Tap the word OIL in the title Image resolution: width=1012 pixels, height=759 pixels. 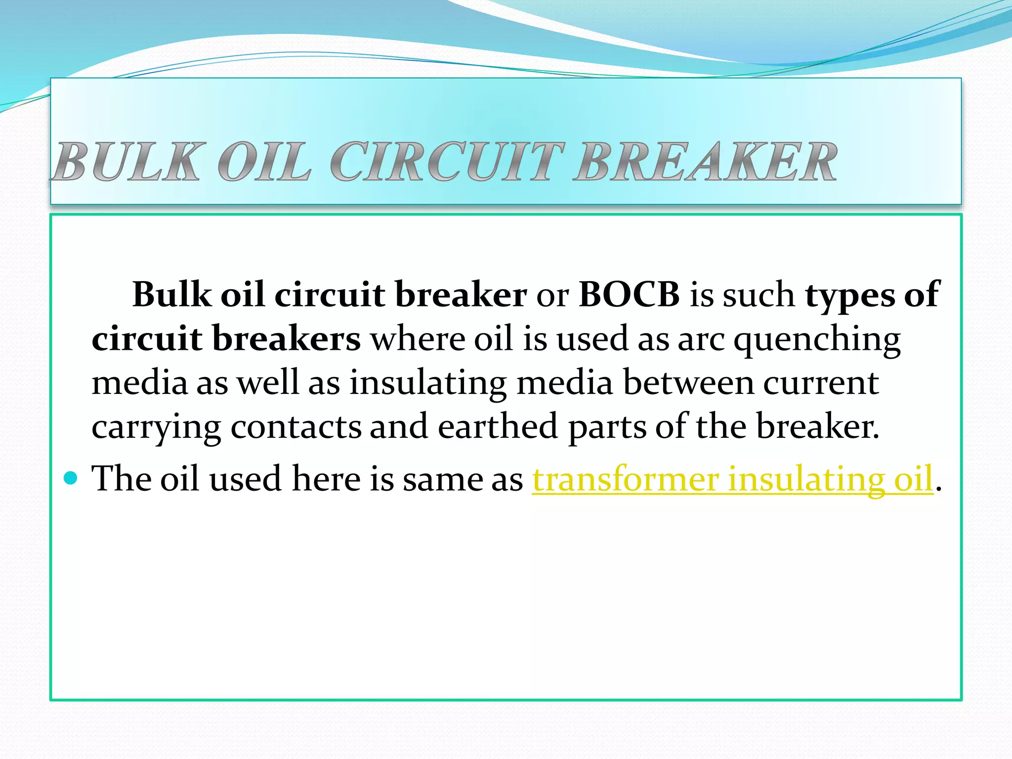click(x=264, y=162)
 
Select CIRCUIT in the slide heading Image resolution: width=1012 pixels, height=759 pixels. click(x=447, y=162)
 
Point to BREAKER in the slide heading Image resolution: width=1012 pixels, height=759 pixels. click(x=706, y=162)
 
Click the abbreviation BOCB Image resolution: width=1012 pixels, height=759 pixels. click(x=629, y=295)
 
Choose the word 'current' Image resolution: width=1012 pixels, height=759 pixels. click(x=821, y=383)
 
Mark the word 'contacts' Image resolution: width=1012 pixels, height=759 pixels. click(x=296, y=427)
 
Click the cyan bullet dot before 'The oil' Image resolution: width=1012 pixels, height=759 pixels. click(x=71, y=478)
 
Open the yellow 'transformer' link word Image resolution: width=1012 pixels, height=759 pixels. click(x=625, y=479)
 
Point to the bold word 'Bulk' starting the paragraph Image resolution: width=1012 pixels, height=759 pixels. click(x=171, y=295)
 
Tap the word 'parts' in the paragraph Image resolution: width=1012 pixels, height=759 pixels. click(x=607, y=427)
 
